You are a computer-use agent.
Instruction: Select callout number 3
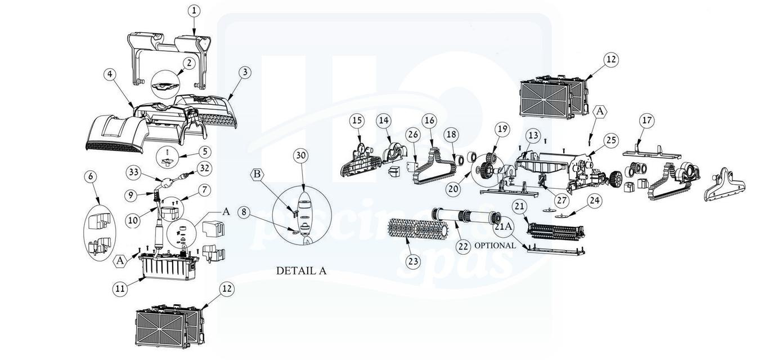(x=244, y=72)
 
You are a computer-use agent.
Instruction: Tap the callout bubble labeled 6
(x=91, y=176)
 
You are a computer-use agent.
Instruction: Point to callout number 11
(x=119, y=288)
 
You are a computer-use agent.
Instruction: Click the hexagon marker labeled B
(x=257, y=174)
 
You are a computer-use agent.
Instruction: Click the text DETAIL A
(x=301, y=270)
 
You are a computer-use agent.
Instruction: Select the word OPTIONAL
(x=495, y=246)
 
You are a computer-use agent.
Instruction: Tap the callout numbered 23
(x=414, y=261)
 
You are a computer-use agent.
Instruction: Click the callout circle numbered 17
(x=646, y=121)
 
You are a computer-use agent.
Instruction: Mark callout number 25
(x=610, y=140)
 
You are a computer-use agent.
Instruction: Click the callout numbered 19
(x=502, y=129)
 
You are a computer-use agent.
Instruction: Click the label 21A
(x=504, y=226)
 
